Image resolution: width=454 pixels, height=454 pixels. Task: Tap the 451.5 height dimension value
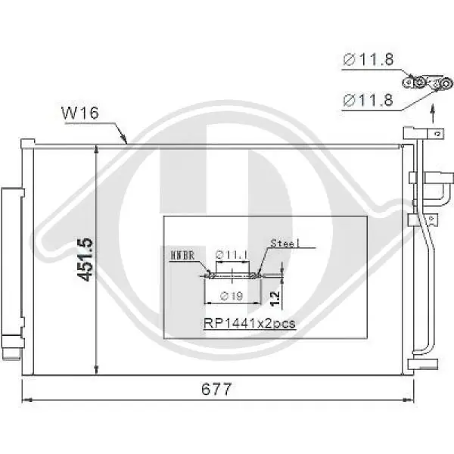[x=86, y=260]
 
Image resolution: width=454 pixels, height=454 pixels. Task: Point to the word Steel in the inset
[x=285, y=244]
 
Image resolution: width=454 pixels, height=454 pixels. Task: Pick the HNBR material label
[x=183, y=256]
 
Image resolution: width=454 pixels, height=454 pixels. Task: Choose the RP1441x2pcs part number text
[x=249, y=323]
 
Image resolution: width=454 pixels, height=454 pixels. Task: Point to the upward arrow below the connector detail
[x=432, y=113]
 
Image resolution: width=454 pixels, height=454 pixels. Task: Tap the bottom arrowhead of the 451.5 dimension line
[x=98, y=370]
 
